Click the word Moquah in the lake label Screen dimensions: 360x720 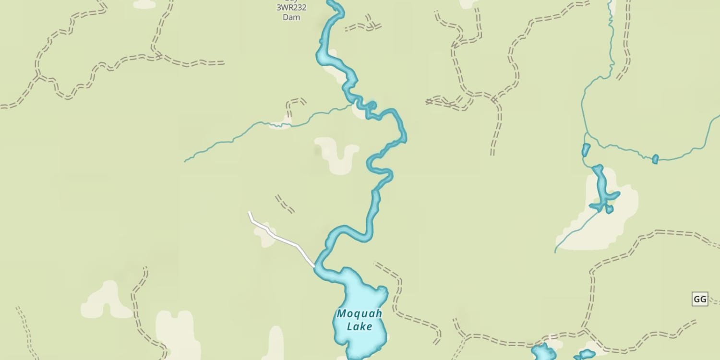[360, 314]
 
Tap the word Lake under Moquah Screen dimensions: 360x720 [360, 327]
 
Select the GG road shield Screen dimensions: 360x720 [699, 300]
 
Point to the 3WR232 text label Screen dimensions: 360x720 [291, 8]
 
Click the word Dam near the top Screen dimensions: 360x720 [291, 17]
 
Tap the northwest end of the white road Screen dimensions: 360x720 [249, 212]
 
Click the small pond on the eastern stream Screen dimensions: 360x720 [655, 159]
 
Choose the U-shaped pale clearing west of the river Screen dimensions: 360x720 [336, 154]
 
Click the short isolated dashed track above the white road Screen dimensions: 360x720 [285, 204]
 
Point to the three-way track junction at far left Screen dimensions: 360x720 [37, 75]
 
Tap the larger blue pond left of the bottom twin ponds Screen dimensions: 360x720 [543, 353]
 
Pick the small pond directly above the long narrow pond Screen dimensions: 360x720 [586, 150]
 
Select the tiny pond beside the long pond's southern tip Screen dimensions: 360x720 [609, 209]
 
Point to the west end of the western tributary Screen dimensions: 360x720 [185, 161]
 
